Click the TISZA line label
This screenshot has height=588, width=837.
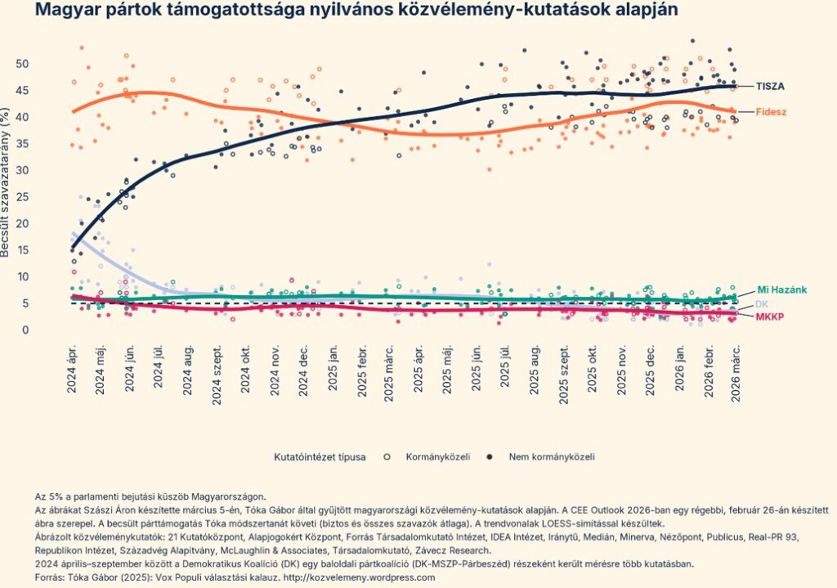[x=770, y=86]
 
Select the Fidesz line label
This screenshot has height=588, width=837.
[x=770, y=112]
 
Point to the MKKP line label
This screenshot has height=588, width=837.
[x=768, y=316]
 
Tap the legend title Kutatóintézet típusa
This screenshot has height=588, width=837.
[x=320, y=456]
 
